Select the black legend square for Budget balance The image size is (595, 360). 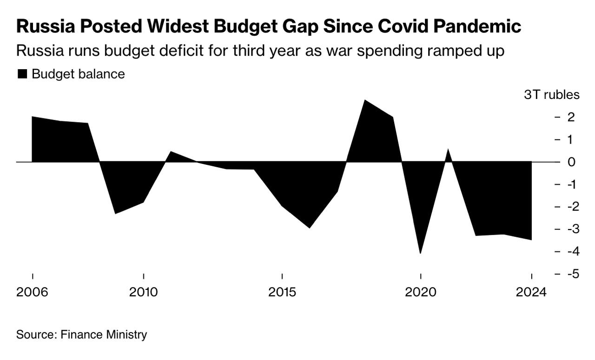click(22, 74)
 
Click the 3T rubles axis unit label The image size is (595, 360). click(552, 95)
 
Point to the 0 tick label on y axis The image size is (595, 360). click(571, 162)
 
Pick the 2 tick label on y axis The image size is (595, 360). click(571, 117)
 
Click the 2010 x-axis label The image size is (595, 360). click(144, 293)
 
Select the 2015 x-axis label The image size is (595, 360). click(282, 293)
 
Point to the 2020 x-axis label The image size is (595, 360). click(420, 293)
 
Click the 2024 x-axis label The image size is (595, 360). click(531, 293)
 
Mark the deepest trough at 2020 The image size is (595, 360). click(420, 253)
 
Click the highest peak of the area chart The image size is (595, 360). click(365, 100)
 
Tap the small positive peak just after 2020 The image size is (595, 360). click(448, 150)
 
